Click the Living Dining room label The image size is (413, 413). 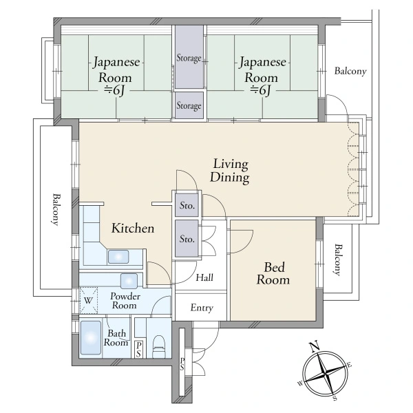pos(230,171)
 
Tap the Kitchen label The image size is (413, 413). pos(133,228)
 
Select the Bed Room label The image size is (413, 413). pos(273,273)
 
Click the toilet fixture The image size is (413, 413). pos(159,346)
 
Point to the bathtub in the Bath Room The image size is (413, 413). pos(91,338)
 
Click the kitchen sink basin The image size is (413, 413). pos(118,257)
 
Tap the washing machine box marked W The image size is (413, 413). pos(89,301)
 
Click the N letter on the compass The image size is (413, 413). pos(315,346)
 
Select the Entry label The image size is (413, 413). pos(202,308)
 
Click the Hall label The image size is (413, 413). pos(204,277)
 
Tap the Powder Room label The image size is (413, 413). pos(125,301)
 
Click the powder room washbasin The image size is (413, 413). pos(129,281)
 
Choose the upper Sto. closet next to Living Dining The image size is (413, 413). pos(187,205)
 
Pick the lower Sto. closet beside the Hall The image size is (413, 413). pos(187,239)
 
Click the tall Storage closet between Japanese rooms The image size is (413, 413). pos(189,57)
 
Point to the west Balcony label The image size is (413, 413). pos(56,210)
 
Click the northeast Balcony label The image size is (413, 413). pos(350,71)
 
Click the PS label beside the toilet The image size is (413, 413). pos(138,349)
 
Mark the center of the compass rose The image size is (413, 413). pos(326,373)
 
